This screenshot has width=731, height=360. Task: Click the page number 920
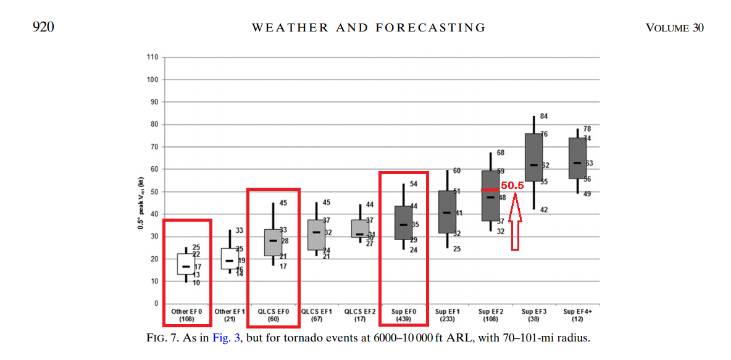pos(43,27)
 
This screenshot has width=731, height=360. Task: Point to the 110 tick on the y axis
pos(152,57)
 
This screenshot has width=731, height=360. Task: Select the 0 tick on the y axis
pos(156,304)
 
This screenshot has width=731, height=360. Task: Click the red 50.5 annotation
pos(512,185)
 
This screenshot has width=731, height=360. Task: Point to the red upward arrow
pos(516,222)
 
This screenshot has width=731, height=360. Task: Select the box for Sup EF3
pos(533,157)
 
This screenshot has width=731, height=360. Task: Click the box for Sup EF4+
pos(577,158)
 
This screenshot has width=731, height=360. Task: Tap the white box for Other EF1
pos(230,258)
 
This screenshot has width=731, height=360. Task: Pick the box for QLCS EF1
pos(316,235)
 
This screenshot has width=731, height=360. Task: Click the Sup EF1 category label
pos(447,316)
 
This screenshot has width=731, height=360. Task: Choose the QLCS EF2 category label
pos(360,316)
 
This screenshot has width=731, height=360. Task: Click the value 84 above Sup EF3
pos(544,116)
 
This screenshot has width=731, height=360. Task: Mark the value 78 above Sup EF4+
pos(587,128)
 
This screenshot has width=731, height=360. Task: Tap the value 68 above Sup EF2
pos(501,153)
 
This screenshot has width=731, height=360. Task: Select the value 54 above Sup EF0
pos(414,184)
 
